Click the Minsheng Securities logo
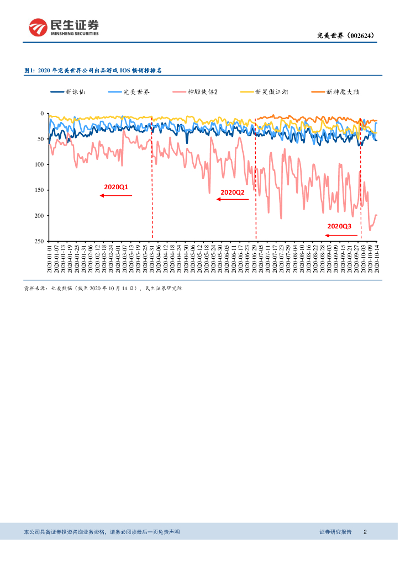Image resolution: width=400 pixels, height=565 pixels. [x=64, y=27]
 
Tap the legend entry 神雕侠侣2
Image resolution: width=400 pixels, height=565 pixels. [x=203, y=92]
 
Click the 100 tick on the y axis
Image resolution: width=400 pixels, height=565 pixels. [x=39, y=164]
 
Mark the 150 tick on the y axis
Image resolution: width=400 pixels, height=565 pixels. [x=39, y=190]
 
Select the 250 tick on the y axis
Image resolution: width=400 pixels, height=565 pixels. [x=39, y=241]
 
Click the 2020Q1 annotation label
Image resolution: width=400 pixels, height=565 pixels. [x=115, y=187]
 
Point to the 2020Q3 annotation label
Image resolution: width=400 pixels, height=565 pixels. [x=339, y=226]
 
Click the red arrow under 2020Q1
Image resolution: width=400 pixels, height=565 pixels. [x=116, y=195]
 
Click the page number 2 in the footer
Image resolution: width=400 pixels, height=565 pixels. [x=365, y=532]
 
